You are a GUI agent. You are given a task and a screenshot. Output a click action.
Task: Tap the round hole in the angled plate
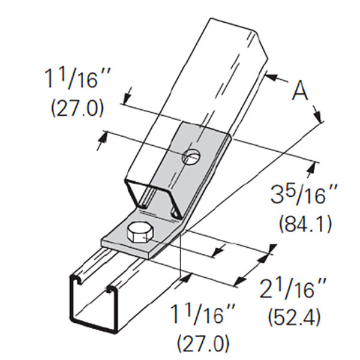click(x=190, y=157)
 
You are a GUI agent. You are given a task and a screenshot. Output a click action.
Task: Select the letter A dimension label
click(x=299, y=93)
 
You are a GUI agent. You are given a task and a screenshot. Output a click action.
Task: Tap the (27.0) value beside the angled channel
click(x=76, y=109)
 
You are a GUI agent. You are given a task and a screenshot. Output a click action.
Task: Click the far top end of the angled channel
click(x=237, y=27)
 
